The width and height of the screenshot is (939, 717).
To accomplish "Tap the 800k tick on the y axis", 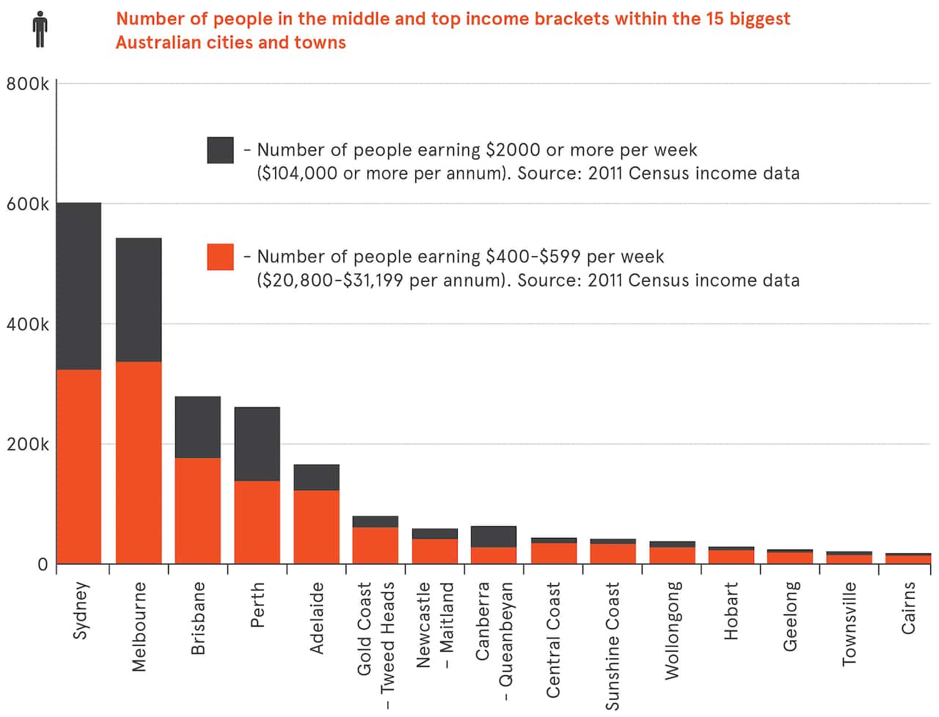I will (27, 84).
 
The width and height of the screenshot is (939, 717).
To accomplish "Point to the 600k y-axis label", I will (27, 204).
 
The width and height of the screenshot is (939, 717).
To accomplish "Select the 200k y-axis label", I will (27, 444).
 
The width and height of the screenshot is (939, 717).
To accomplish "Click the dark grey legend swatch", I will (220, 150).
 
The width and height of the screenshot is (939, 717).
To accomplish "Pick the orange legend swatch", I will (220, 257).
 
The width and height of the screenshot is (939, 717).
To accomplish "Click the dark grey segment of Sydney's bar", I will (79, 285).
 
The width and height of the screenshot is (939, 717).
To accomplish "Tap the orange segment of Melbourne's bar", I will (139, 462).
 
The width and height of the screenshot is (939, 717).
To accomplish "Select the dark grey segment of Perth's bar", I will (257, 444).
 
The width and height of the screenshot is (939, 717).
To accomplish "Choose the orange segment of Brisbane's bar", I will (197, 511).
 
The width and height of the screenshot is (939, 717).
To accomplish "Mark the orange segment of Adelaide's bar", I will (316, 527).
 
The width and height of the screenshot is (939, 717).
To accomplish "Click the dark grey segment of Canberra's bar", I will (494, 536).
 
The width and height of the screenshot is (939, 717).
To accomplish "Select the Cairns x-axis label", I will (908, 608).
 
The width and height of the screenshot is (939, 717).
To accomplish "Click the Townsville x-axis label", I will (850, 624).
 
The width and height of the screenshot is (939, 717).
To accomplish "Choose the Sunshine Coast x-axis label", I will (613, 646).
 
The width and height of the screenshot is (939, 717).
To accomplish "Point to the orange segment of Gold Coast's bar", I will (376, 545).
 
